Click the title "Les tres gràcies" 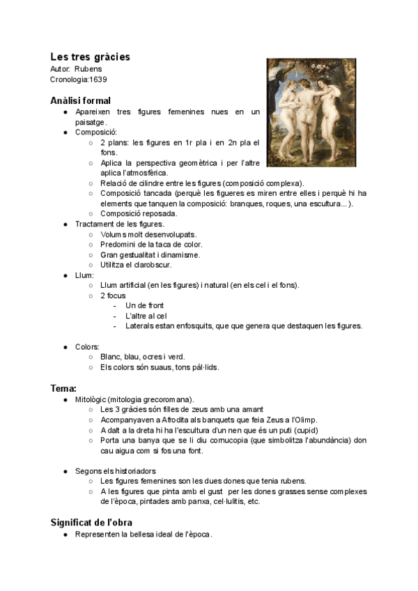(x=90, y=56)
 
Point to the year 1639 (x=98, y=79)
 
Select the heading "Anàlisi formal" (x=80, y=100)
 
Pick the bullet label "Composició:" (x=96, y=132)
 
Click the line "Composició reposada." (x=139, y=213)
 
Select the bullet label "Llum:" (x=84, y=275)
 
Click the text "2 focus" (x=113, y=295)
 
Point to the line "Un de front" (x=144, y=305)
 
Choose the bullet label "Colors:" (x=87, y=346)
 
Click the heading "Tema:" (x=63, y=387)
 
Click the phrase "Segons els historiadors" (x=115, y=471)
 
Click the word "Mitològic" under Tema (x=91, y=399)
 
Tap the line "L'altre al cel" (x=147, y=316)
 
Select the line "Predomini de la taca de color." (x=151, y=245)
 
